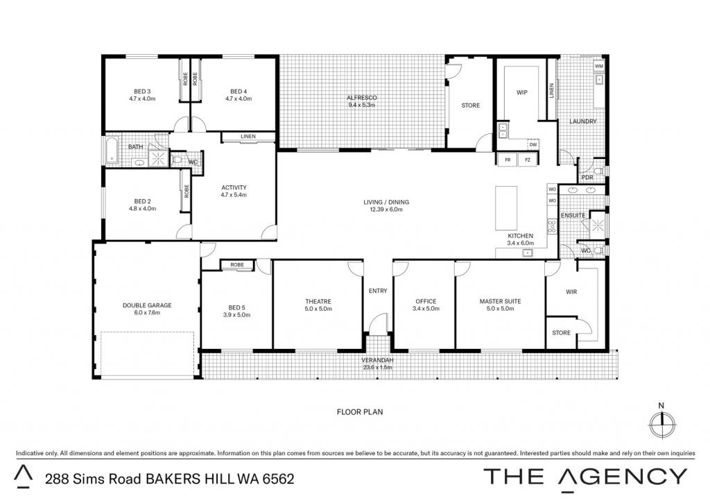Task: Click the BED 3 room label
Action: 142,92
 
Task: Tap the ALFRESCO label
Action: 362,98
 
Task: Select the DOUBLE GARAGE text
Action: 147,305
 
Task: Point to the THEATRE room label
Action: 318,301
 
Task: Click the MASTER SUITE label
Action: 501,301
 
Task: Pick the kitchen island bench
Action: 506,208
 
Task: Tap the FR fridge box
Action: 508,160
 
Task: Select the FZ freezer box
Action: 528,160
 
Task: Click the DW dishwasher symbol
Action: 533,144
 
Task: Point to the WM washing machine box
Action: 599,66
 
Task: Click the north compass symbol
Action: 662,423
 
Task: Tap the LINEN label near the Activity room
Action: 248,137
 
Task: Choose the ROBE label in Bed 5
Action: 237,264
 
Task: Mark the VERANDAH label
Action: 377,360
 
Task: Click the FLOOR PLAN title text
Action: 360,412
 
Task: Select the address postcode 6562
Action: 279,479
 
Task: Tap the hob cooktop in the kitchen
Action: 552,226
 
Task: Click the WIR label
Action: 571,292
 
